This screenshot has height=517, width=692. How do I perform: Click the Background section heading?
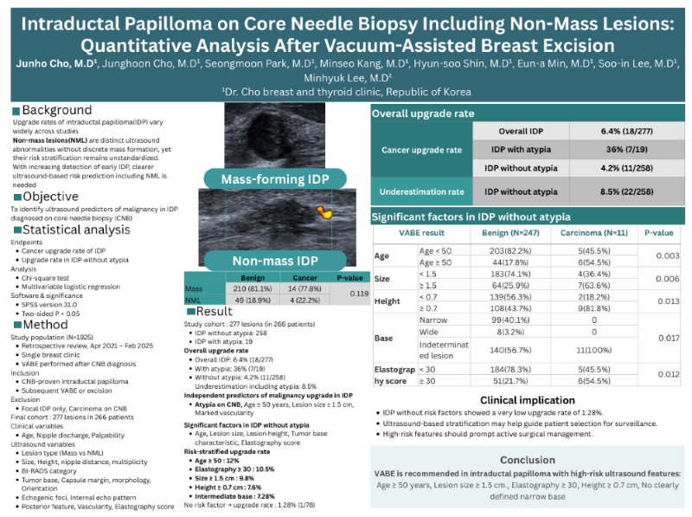coord(56,110)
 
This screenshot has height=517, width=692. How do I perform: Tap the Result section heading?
coord(215,310)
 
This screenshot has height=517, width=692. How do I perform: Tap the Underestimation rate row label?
coord(421,191)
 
